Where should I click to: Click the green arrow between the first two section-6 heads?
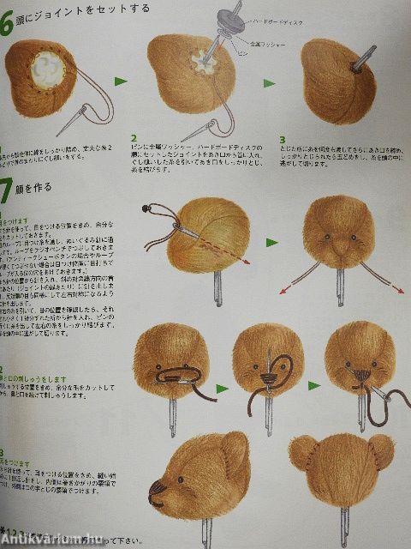121,82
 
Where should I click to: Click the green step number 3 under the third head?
282,140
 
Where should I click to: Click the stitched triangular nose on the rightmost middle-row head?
374,374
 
